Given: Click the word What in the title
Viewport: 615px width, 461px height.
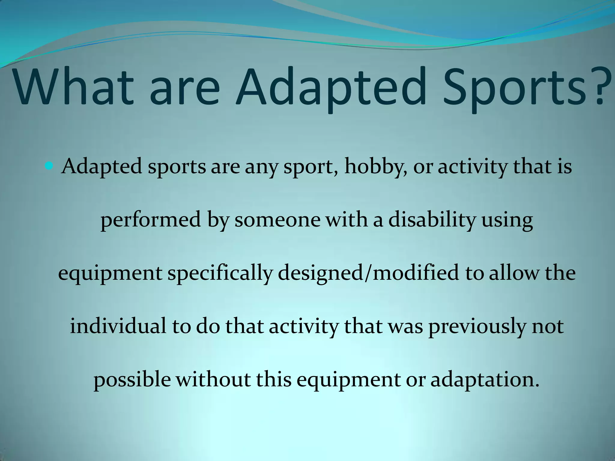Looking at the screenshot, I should click(x=74, y=87).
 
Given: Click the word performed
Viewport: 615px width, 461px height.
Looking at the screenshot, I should click(x=150, y=220).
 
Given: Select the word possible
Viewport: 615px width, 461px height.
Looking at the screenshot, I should click(x=132, y=380).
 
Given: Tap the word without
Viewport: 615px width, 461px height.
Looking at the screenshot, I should click(x=213, y=379).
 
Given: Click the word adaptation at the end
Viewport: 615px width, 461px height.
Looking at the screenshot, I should click(x=483, y=380).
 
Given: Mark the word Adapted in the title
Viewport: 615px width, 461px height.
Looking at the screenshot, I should click(x=331, y=89).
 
